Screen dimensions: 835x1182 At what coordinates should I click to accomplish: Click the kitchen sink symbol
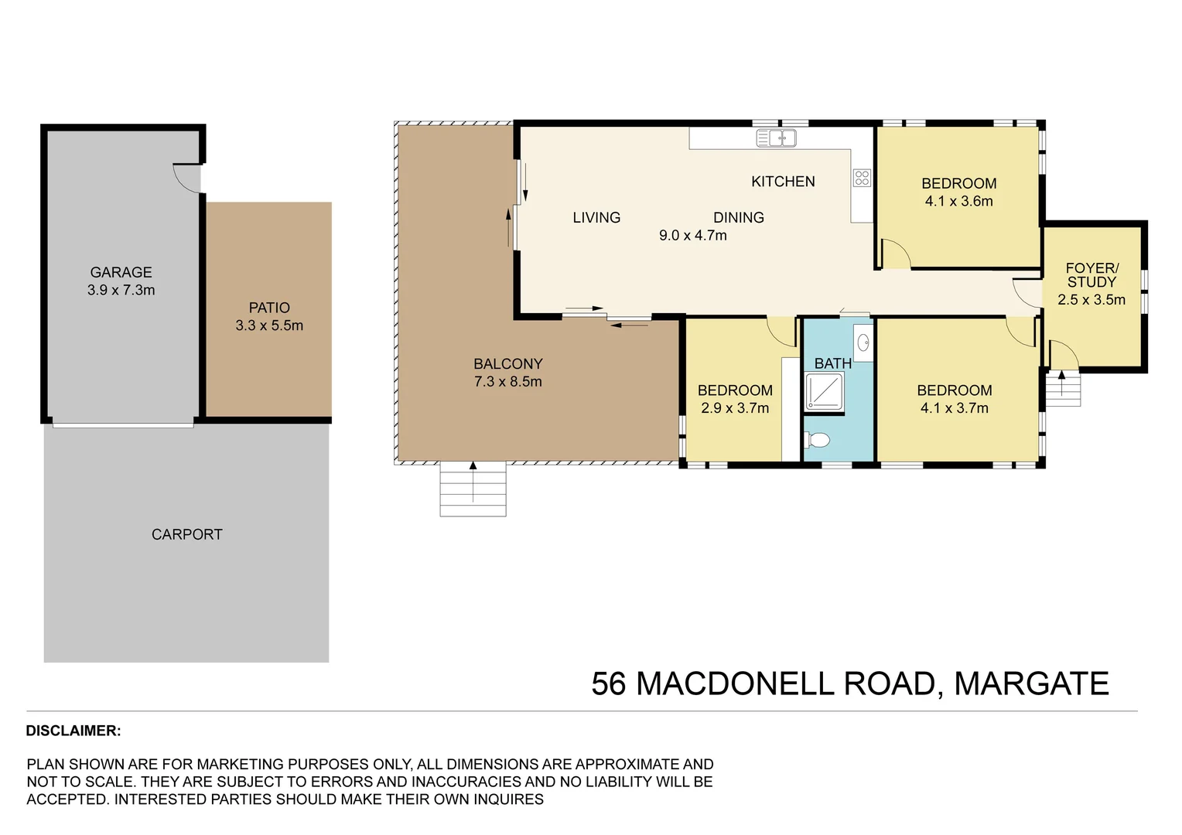pyautogui.click(x=776, y=138)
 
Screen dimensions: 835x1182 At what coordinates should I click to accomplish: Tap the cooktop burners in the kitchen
pyautogui.click(x=862, y=178)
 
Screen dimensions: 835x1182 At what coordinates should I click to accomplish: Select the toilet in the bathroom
pyautogui.click(x=818, y=440)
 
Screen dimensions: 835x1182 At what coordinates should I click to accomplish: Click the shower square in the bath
pyautogui.click(x=824, y=391)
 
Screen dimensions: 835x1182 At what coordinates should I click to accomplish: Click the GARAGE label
pyautogui.click(x=121, y=272)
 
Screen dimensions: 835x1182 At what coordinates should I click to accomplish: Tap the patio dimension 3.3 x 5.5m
pyautogui.click(x=269, y=325)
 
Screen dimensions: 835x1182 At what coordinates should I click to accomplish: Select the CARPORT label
pyautogui.click(x=186, y=534)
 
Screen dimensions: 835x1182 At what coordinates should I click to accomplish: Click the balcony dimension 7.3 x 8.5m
pyautogui.click(x=507, y=381)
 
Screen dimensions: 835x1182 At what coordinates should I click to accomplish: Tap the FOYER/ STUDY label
pyautogui.click(x=1091, y=275)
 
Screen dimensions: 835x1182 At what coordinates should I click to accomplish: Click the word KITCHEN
pyautogui.click(x=783, y=182)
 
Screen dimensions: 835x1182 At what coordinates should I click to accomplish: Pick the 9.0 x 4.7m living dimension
pyautogui.click(x=692, y=235)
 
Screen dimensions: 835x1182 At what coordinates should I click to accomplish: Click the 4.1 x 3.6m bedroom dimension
pyautogui.click(x=958, y=201)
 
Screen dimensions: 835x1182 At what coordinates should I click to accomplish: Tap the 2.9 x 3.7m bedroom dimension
pyautogui.click(x=735, y=408)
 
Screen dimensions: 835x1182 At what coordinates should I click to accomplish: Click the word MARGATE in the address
pyautogui.click(x=1031, y=684)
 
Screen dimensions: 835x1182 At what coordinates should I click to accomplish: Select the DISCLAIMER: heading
pyautogui.click(x=73, y=731)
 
